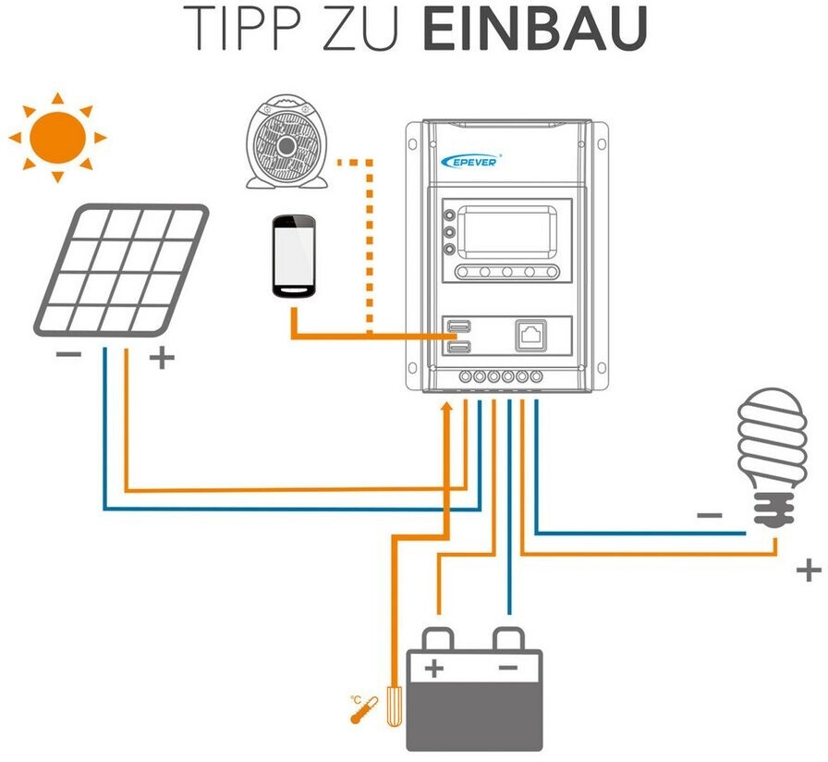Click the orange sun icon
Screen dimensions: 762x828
point(57,135)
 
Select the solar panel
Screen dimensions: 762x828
point(121,269)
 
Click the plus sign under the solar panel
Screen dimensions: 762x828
point(162,357)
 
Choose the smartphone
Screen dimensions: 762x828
point(294,256)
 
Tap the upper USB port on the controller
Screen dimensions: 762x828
point(458,326)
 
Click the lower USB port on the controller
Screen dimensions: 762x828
point(458,346)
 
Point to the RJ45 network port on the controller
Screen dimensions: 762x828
point(531,335)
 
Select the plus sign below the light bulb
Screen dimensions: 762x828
point(808,570)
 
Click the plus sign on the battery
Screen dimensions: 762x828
point(434,666)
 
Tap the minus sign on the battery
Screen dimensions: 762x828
point(507,666)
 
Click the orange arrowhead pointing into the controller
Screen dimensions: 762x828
point(448,410)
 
